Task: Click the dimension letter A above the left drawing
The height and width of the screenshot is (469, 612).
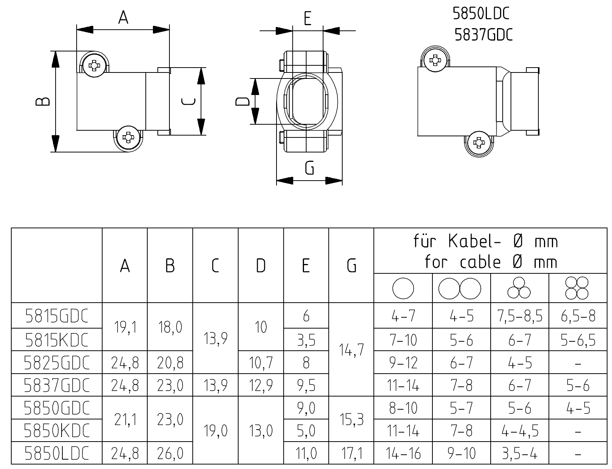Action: [x=123, y=17]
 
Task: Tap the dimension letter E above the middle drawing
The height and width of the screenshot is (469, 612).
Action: [x=307, y=18]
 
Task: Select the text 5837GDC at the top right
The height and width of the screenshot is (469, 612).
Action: [x=483, y=35]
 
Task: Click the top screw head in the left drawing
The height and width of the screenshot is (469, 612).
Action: [x=94, y=66]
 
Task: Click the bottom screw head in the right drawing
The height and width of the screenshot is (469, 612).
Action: [x=478, y=143]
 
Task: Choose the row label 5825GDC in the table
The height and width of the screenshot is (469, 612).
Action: [x=57, y=363]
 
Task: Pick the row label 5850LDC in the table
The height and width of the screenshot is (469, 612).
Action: [x=57, y=453]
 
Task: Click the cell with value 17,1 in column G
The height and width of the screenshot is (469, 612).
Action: [x=351, y=453]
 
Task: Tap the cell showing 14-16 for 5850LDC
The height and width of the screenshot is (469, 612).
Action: [x=403, y=453]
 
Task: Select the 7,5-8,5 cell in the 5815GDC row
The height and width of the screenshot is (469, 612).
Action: [x=520, y=316]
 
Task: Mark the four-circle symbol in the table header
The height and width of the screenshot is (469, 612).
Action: [x=577, y=288]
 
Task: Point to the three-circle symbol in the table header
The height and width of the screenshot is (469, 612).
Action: [x=519, y=288]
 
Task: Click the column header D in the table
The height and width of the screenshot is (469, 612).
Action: [x=261, y=266]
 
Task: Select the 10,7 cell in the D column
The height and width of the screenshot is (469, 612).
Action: [x=261, y=363]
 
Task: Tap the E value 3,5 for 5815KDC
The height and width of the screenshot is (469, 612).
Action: [x=306, y=340]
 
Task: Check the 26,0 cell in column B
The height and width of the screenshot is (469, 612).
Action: [x=170, y=453]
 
